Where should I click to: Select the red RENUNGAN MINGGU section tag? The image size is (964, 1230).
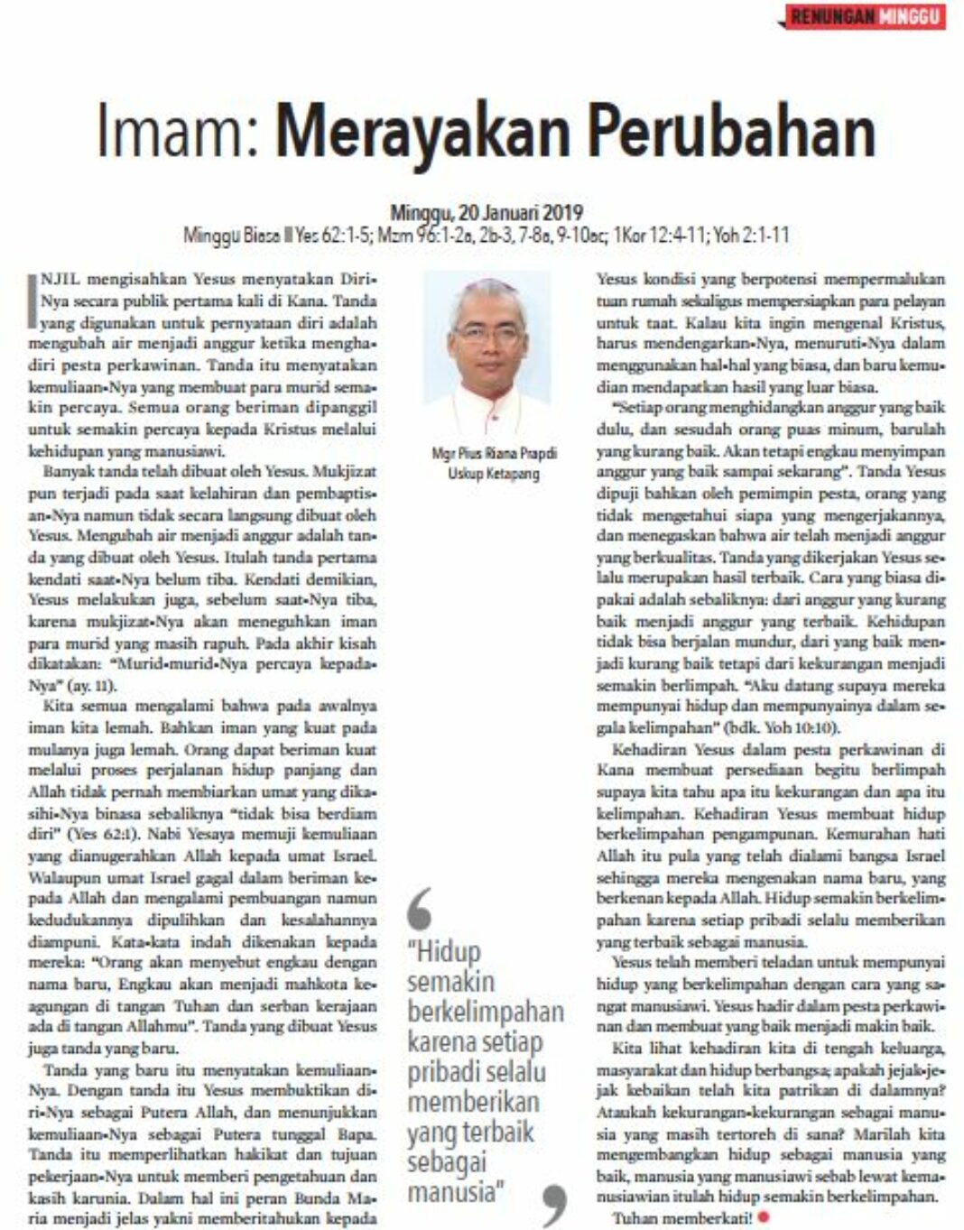865,16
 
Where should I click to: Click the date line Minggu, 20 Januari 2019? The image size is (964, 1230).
487,214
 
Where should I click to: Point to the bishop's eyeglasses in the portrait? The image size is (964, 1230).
487,332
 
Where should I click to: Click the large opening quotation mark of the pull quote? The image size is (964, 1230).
421,908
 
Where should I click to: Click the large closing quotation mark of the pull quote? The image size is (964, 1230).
554,1206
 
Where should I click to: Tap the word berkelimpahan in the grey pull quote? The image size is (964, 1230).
486,1012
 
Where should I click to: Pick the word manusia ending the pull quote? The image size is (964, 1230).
451,1192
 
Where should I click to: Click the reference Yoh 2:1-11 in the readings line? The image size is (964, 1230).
751,236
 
